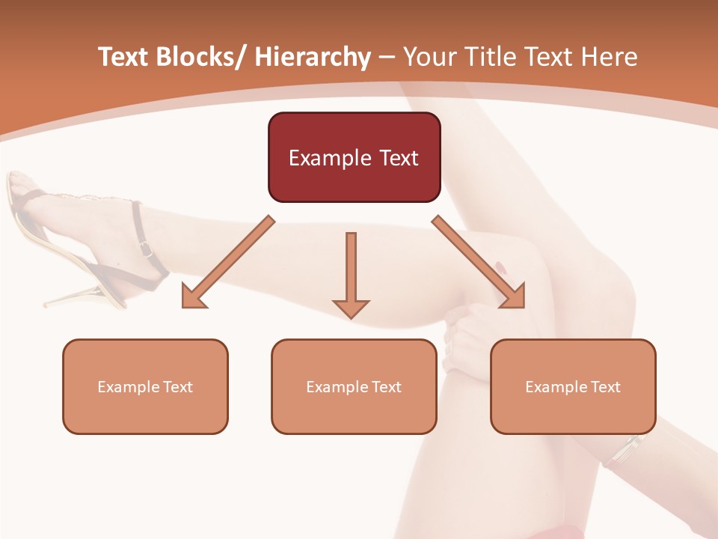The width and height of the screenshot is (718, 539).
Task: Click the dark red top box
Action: (354, 157)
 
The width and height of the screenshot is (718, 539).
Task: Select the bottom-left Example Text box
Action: (145, 386)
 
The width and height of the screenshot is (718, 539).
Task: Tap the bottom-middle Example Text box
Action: (354, 386)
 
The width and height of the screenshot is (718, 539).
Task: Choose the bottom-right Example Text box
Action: (573, 386)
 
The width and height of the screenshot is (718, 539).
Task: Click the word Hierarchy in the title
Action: (313, 58)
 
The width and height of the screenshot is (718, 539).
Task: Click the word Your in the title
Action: (428, 58)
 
